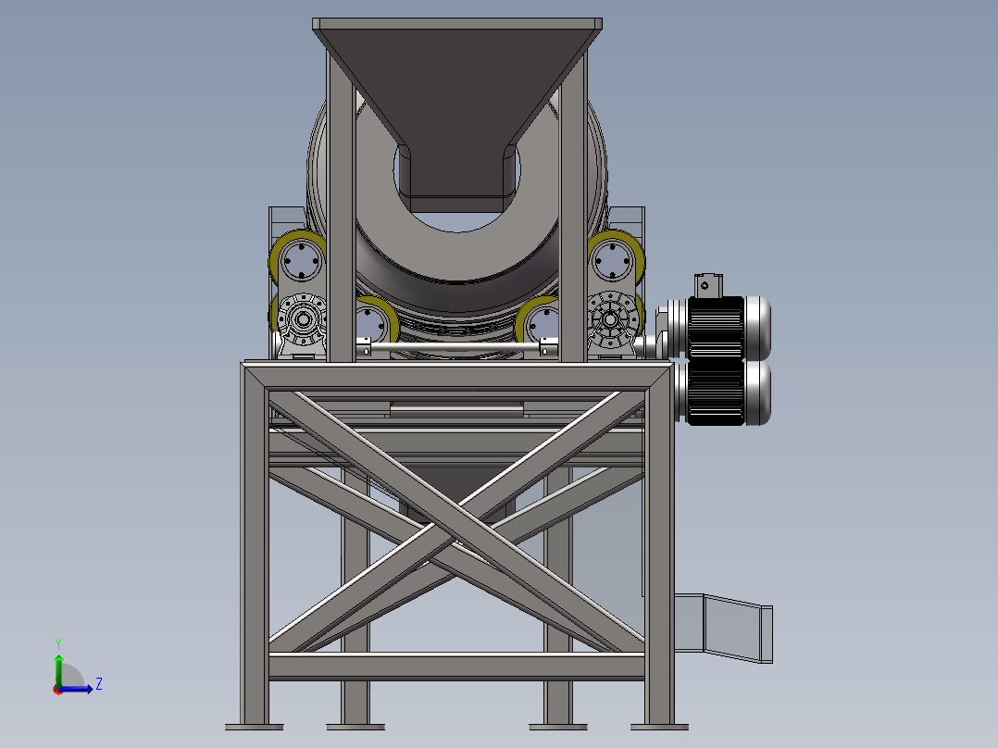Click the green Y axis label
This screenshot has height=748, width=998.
pyautogui.click(x=58, y=643)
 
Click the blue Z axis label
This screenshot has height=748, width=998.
pyautogui.click(x=99, y=684)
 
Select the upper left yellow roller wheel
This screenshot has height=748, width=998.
pyautogui.click(x=297, y=260)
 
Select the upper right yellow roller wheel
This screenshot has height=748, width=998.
pyautogui.click(x=616, y=260)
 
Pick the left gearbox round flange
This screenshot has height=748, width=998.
pyautogui.click(x=303, y=319)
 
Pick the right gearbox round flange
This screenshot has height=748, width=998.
pyautogui.click(x=611, y=319)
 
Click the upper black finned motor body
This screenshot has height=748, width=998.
pyautogui.click(x=716, y=327)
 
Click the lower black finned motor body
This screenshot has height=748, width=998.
pyautogui.click(x=716, y=393)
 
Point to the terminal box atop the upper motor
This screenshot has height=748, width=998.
pyautogui.click(x=707, y=285)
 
